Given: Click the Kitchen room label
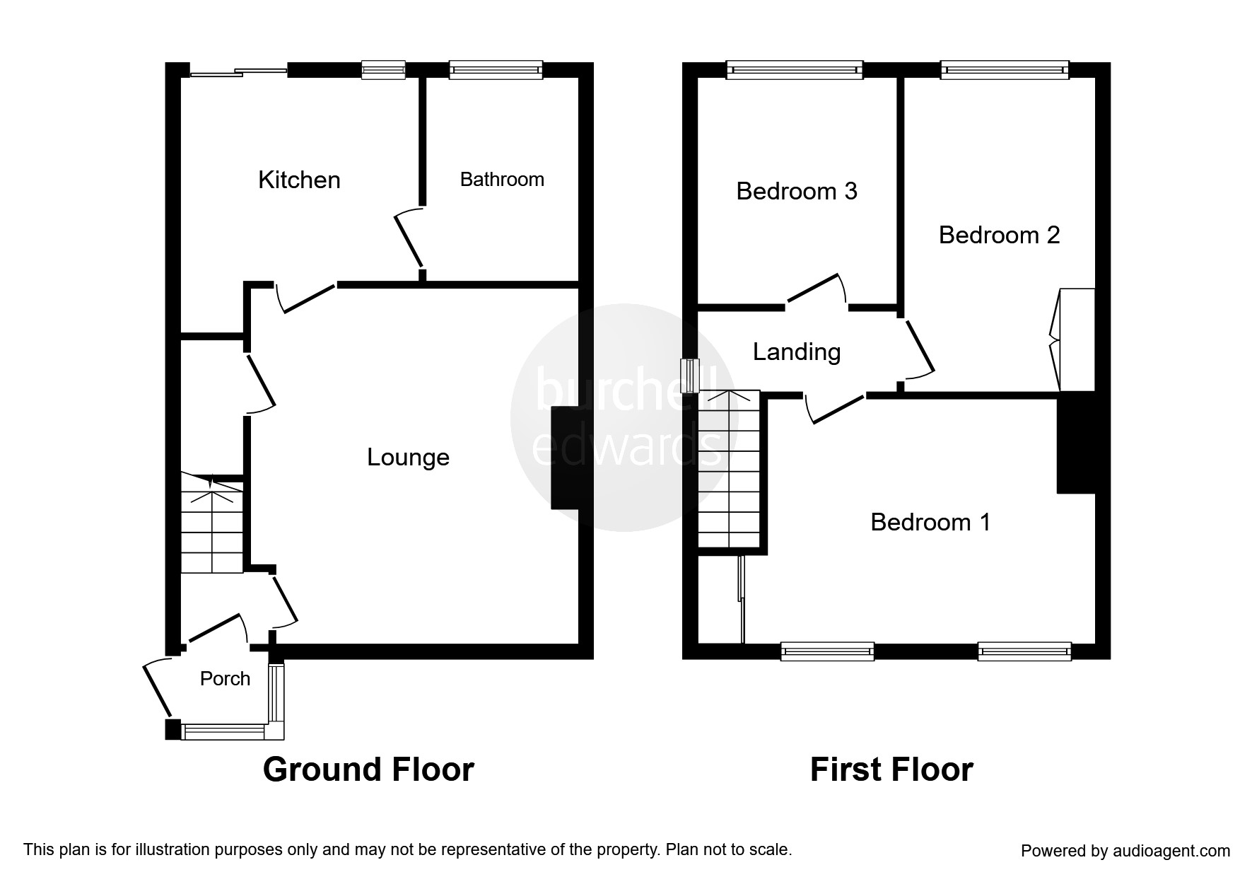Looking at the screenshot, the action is pyautogui.click(x=299, y=180).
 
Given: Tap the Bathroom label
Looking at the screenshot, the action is pyautogui.click(x=502, y=180).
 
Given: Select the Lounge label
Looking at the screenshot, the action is pyautogui.click(x=408, y=458).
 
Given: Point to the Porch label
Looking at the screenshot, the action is pyautogui.click(x=225, y=679).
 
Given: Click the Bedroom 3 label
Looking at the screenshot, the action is pyautogui.click(x=797, y=191).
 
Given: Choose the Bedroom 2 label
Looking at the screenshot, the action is pyautogui.click(x=999, y=235).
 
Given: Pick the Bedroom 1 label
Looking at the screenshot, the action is pyautogui.click(x=930, y=522).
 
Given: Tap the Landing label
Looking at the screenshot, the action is pyautogui.click(x=797, y=352).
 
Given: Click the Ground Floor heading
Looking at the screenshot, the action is pyautogui.click(x=368, y=769).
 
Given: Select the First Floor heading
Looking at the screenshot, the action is pyautogui.click(x=891, y=769).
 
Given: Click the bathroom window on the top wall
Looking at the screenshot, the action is pyautogui.click(x=496, y=69).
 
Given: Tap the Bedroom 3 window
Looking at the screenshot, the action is pyautogui.click(x=795, y=69).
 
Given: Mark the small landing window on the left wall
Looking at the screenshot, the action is pyautogui.click(x=689, y=376).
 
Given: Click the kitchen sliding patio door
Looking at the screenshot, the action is pyautogui.click(x=239, y=71).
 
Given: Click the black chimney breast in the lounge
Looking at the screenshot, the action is pyautogui.click(x=565, y=458).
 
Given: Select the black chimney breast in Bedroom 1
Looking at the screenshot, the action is pyautogui.click(x=1076, y=443).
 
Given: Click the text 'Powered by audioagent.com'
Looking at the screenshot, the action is pyautogui.click(x=1125, y=851).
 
